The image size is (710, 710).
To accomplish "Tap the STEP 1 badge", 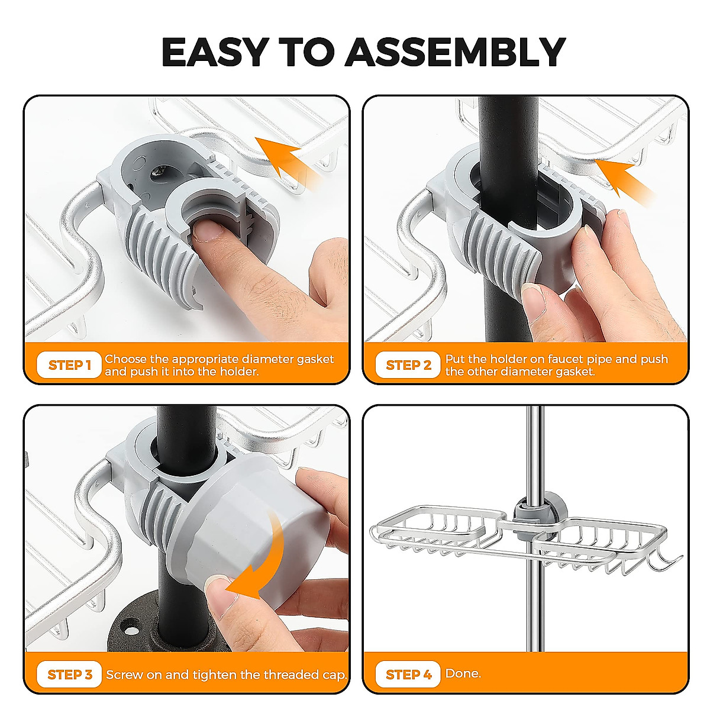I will [x=70, y=365].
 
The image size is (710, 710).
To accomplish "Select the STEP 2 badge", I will [x=408, y=365].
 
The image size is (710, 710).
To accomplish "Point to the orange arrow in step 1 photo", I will [x=288, y=160].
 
